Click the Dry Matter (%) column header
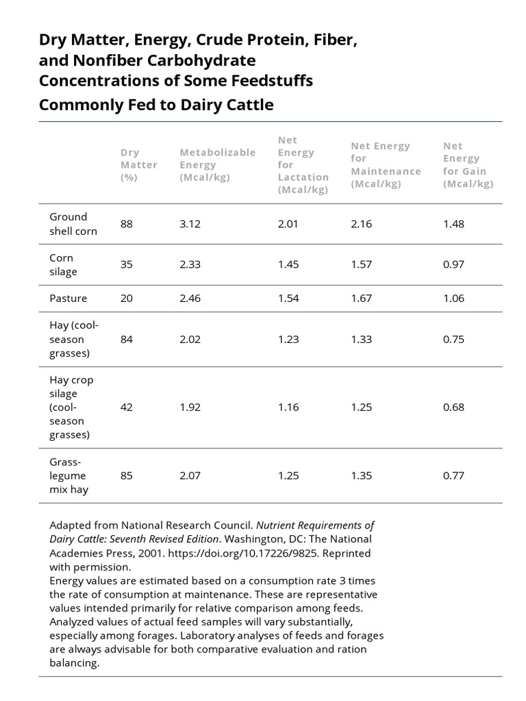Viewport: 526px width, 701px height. pos(138,165)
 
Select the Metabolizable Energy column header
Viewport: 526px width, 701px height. pos(217,165)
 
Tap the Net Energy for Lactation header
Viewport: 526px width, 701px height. pos(303,165)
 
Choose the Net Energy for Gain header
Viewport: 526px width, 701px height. pos(468,165)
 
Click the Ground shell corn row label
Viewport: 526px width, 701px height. pos(73,224)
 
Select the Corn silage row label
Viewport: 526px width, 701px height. pos(63,265)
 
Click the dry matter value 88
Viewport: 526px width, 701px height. pos(127,224)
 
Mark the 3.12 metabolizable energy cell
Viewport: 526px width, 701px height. pos(190,224)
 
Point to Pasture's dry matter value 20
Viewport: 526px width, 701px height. pos(127,298)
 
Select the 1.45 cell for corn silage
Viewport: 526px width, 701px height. pos(288,265)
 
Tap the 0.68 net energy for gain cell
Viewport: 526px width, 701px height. pos(453,407)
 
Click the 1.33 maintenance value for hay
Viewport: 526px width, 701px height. pos(361,340)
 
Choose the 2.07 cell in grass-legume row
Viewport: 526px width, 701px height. pos(190,475)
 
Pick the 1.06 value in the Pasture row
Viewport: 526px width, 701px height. pos(453,298)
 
